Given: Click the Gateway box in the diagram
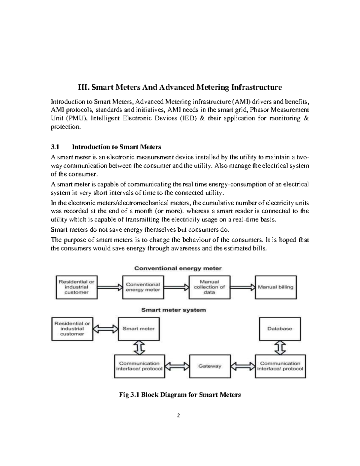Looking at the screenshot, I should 210,366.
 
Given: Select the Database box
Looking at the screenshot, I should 280,329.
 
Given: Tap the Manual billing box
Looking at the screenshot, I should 276,287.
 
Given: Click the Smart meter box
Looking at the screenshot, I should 139,329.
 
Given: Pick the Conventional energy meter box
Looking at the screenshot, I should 143,287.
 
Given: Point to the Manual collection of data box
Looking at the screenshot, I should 209,287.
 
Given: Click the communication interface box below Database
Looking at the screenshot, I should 280,366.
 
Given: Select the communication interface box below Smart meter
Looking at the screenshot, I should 139,366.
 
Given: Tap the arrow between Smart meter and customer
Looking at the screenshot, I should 105,329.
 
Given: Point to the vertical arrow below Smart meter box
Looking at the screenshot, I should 139,347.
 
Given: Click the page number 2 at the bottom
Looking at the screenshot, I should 179,416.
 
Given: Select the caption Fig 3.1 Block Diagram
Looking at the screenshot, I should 180,395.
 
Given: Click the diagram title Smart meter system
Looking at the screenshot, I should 173,310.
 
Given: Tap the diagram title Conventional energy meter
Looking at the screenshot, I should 178,268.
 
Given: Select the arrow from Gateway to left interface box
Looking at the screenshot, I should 178,366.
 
